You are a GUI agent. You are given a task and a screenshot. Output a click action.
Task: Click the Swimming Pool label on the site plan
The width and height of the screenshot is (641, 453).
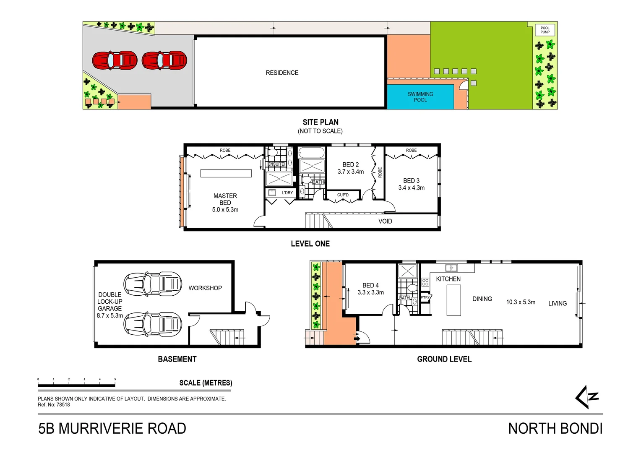[420, 97]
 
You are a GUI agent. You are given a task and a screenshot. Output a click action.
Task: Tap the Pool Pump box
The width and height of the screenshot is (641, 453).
[545, 30]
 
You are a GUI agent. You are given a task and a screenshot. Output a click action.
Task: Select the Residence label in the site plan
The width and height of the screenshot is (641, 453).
[282, 73]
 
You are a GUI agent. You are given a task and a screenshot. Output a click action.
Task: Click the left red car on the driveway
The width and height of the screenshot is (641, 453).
[115, 60]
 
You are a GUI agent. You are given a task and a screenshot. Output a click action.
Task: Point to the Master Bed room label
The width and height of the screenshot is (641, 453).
[225, 199]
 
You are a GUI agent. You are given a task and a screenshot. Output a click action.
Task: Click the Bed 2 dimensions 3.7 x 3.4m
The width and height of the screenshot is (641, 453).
[351, 172]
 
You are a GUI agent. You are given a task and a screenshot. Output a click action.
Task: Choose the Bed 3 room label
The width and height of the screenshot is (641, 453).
[411, 181]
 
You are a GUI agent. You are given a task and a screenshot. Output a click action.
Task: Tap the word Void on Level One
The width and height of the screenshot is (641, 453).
[385, 221]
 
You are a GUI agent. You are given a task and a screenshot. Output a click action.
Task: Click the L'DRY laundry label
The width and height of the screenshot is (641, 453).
[287, 193]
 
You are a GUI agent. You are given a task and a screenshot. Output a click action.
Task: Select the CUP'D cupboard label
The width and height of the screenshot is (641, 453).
[343, 195]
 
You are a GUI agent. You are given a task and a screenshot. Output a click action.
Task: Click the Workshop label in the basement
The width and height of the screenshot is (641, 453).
[205, 288]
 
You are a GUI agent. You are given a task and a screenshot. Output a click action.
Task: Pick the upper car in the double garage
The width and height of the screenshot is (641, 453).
[153, 284]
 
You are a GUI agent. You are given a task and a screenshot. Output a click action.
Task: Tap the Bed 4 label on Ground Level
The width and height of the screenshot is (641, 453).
[370, 285]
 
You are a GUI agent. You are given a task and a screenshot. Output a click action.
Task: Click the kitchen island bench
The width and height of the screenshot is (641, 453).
[453, 300]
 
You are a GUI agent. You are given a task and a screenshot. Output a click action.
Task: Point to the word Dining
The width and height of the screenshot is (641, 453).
[482, 299]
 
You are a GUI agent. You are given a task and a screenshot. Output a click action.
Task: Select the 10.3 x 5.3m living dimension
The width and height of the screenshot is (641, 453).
[521, 302]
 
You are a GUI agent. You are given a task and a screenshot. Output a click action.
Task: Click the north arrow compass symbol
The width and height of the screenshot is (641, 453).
[586, 397]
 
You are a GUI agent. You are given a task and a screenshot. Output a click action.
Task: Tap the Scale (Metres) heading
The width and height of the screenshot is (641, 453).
[206, 383]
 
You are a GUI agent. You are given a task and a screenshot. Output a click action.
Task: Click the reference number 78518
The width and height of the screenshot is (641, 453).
[63, 405]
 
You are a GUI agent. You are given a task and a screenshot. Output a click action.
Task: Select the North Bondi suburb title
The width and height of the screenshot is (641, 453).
[555, 429]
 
